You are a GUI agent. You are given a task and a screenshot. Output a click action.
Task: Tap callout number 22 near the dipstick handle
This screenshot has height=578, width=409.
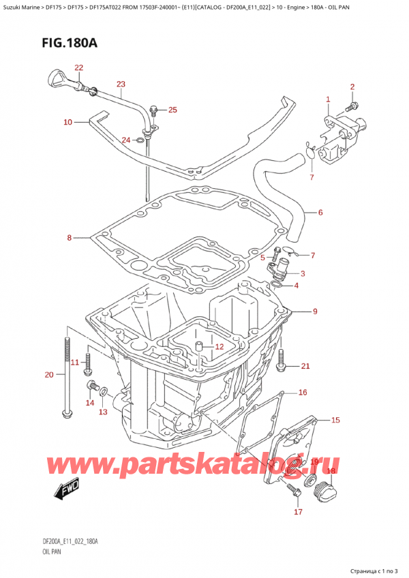point(79,67)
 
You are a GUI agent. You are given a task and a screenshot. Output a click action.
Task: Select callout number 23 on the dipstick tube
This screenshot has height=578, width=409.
point(121,85)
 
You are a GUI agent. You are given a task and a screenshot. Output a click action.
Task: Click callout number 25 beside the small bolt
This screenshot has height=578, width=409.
point(172,110)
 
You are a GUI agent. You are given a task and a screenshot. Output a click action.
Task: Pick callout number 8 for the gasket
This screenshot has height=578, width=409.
point(68,238)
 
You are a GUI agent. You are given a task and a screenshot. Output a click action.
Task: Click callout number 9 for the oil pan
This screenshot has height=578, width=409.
point(315,312)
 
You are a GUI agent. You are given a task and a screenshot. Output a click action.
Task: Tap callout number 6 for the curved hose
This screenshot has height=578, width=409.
point(320,213)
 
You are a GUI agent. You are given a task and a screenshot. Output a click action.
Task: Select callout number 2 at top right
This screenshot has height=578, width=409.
point(352,87)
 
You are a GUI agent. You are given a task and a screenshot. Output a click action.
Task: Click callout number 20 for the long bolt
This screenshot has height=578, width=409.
point(48,374)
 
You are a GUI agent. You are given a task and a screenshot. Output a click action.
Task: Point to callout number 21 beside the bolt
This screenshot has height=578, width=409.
point(305,367)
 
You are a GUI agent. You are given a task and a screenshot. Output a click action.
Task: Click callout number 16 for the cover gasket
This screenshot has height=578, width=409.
point(303,393)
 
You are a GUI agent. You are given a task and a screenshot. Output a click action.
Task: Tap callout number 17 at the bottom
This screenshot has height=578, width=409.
point(297,511)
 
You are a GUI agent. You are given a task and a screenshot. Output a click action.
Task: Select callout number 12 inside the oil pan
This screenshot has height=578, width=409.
point(219,347)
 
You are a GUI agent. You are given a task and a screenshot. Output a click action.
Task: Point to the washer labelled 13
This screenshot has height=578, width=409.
point(102,392)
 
